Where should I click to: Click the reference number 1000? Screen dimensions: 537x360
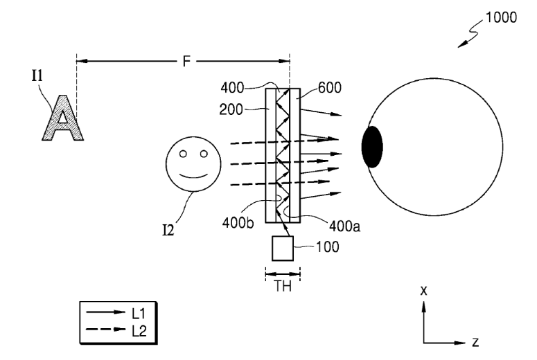click(502, 17)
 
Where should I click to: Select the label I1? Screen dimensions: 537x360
click(37, 75)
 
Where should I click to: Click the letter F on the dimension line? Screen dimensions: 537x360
click(186, 62)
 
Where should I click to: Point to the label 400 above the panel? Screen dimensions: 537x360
click(232, 88)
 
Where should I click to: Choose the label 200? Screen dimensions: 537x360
click(231, 109)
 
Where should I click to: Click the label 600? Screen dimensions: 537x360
click(329, 88)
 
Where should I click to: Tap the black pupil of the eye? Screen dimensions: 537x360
click(372, 147)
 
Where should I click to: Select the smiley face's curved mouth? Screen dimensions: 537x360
click(194, 177)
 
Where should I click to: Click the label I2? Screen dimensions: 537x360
click(168, 231)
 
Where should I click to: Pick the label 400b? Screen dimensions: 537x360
click(238, 223)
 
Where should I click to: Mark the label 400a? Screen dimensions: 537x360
click(344, 226)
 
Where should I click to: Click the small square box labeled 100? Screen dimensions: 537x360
click(283, 249)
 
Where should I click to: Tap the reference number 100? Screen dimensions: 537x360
click(328, 246)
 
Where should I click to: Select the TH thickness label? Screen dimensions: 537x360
click(283, 287)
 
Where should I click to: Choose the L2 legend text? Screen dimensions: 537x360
click(139, 330)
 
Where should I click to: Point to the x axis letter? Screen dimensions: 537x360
click(423, 291)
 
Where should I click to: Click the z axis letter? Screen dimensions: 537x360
click(475, 342)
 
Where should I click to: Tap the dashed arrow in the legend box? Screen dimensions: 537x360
click(105, 330)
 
